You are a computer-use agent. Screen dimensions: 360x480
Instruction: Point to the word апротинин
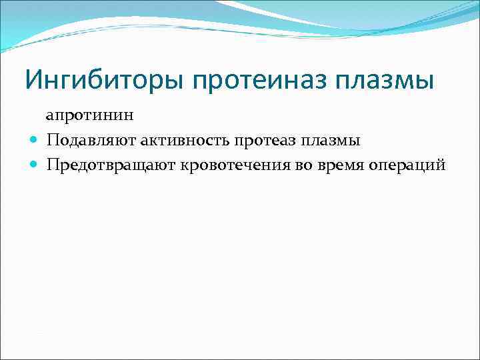(x=90, y=115)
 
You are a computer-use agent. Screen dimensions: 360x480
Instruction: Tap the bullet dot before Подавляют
(x=34, y=141)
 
